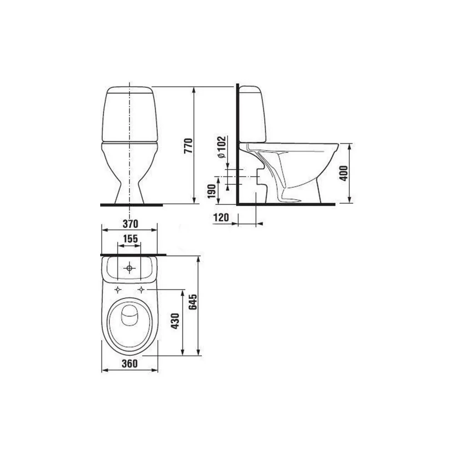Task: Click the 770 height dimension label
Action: click(x=188, y=146)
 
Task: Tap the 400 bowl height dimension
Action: click(x=344, y=173)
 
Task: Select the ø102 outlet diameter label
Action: click(x=222, y=147)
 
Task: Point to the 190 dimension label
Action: click(x=212, y=191)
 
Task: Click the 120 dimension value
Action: click(x=221, y=217)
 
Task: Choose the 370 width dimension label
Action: click(x=130, y=224)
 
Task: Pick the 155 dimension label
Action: click(x=130, y=238)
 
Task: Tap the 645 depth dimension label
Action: click(x=193, y=302)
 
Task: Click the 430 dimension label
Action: click(x=175, y=321)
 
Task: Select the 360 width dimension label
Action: click(x=129, y=364)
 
